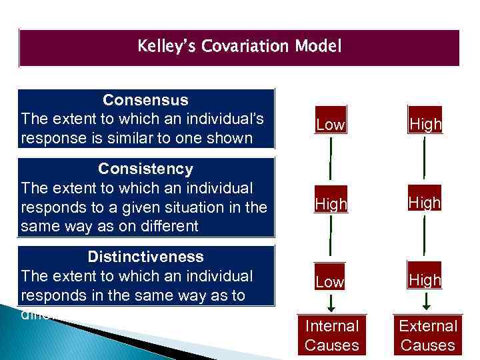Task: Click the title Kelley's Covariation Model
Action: point(239,47)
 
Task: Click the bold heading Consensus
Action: point(145,100)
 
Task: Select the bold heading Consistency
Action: point(145,168)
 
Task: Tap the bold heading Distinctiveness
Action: point(145,257)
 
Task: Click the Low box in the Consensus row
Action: point(331,124)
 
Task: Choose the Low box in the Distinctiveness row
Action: point(331,281)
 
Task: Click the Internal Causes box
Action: point(331,335)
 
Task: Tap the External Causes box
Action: point(427,335)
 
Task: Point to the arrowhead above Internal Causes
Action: point(331,308)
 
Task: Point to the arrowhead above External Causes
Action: point(427,308)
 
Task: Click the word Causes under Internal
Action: point(331,345)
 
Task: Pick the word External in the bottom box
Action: point(427,326)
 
